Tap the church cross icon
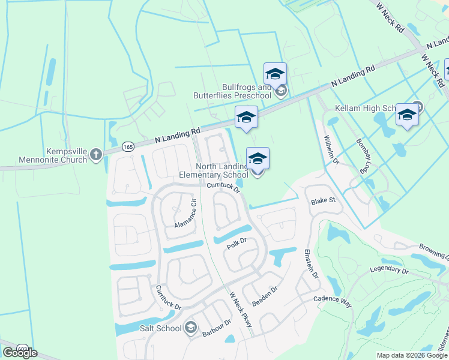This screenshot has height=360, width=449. (x=95, y=155)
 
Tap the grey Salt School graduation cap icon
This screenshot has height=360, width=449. (x=191, y=328)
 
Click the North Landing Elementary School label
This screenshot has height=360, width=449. (x=213, y=171)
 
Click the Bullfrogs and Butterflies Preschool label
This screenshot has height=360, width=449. (x=232, y=91)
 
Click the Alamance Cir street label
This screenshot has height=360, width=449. (x=185, y=214)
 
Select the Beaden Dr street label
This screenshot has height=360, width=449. (x=265, y=296)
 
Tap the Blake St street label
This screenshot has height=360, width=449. (x=322, y=201)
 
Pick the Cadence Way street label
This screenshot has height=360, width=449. (x=332, y=299)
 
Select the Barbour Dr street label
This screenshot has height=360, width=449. (x=216, y=328)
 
